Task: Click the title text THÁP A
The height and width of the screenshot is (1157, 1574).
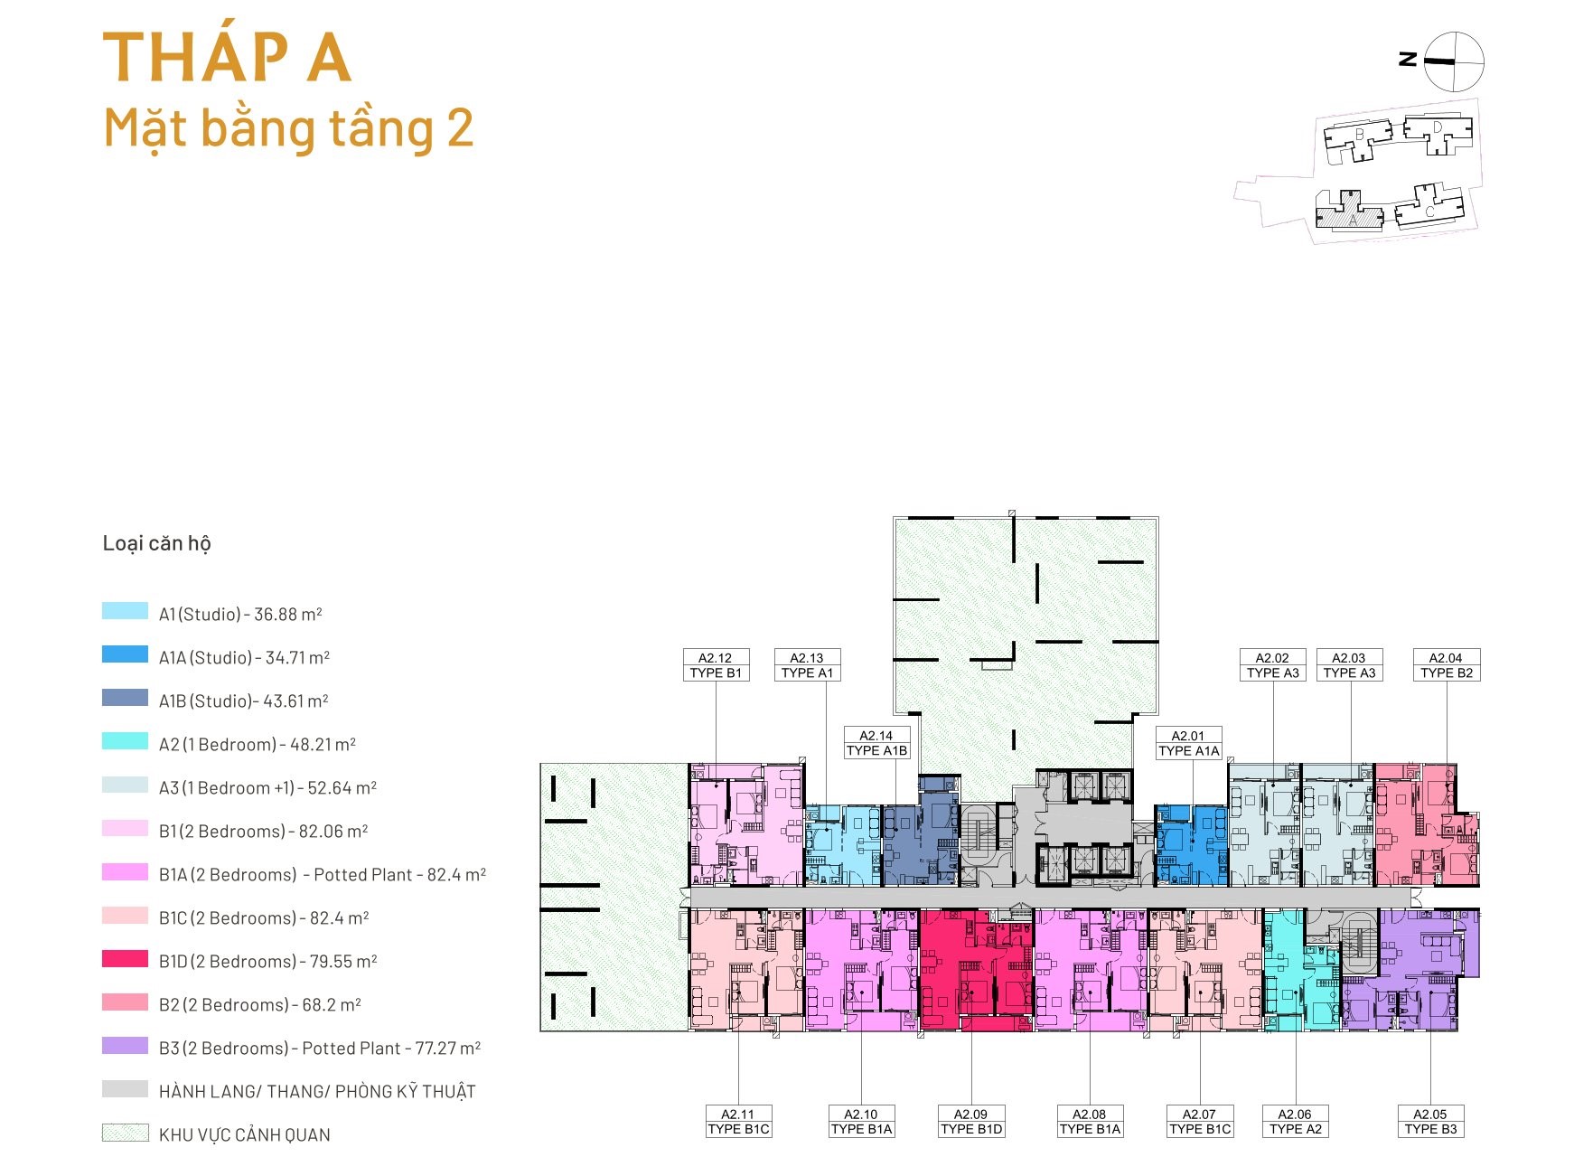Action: point(227,58)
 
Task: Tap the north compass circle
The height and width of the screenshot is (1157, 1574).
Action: point(1454,61)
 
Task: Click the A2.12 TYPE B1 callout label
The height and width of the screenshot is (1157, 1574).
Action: point(716,665)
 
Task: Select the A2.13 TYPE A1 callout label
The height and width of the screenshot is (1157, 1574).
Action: point(807,665)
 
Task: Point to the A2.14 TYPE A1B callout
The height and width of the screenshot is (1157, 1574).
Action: point(876,743)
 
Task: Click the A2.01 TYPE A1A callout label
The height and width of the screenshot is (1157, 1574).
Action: point(1188,743)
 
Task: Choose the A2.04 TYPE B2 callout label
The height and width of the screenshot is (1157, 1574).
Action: point(1446,665)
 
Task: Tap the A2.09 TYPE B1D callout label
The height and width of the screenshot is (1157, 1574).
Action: point(971,1122)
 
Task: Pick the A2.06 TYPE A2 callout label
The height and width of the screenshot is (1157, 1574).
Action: point(1295,1122)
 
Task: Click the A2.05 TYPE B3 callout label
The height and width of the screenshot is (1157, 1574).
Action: point(1430,1122)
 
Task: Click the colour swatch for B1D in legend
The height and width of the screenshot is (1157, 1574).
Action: point(125,959)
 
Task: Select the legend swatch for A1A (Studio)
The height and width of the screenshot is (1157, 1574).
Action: point(125,654)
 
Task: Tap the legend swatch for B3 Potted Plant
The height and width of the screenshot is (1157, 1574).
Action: point(125,1046)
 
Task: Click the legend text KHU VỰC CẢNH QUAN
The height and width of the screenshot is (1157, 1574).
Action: point(245,1135)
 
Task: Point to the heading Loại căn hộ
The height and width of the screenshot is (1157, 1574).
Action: point(156,543)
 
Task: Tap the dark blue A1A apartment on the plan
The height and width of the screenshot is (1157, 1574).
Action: point(1191,844)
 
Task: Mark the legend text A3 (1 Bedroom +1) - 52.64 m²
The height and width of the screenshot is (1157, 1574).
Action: point(267,787)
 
